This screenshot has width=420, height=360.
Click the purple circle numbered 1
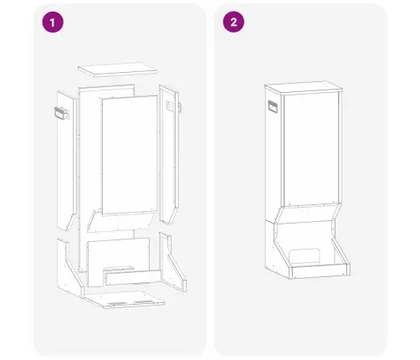coord(53,22)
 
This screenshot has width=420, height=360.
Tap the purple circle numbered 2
coord(233,22)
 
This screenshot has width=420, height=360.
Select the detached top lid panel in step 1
coord(117,69)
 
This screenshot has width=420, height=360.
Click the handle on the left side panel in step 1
coord(62,113)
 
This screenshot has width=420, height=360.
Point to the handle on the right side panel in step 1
coord(173,106)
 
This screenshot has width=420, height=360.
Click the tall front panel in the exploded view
coord(130,155)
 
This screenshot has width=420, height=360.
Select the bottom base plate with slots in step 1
coord(125,299)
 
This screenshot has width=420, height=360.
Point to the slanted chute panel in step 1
coord(121,222)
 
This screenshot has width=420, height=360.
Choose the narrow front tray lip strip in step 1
coord(133,278)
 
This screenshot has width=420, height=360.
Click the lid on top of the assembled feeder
coord(304,88)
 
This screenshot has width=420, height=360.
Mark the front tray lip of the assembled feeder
coord(320,271)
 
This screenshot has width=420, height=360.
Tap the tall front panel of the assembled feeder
coord(311,149)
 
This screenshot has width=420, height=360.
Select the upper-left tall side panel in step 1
coord(66,161)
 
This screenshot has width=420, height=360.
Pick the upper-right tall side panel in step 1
coord(169,154)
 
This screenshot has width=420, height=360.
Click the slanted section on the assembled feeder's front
coord(308,213)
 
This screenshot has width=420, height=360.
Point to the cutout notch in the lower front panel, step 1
coord(119,270)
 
